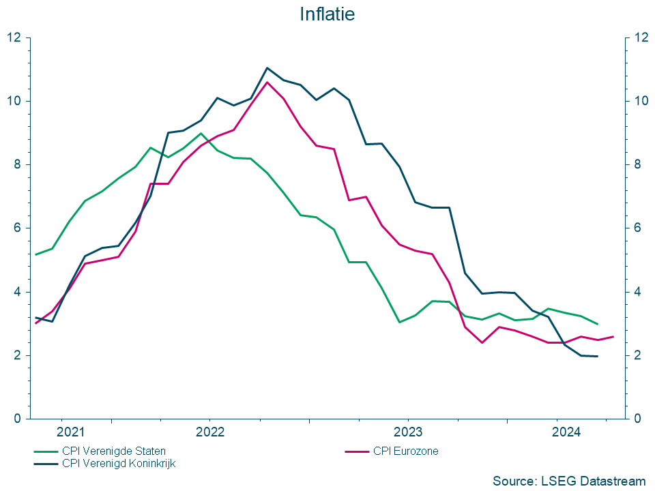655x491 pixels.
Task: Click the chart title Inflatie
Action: coord(327,14)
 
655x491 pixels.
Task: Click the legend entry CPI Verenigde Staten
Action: coord(113,451)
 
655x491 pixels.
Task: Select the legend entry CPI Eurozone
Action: coord(405,451)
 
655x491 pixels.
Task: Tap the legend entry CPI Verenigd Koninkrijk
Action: coord(119,463)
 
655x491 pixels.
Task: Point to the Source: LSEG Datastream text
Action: coord(568,481)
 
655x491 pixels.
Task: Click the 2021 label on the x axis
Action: coord(71,432)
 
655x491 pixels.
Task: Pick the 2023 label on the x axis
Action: coord(408,432)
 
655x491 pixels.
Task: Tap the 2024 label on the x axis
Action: coord(566,432)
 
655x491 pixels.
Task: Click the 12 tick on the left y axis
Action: coord(15,38)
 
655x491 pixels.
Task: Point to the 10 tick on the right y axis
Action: coord(640,101)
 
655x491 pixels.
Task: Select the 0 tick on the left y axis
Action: coord(18,419)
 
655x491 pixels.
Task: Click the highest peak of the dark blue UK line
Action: coord(267,68)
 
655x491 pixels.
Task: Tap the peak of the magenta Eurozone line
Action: coord(267,82)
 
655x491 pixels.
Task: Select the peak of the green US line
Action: coord(201,134)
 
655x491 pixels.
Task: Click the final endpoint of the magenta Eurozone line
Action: coord(613,336)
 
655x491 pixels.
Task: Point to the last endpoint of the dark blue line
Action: coord(598,356)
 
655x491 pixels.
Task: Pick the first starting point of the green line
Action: coord(35,254)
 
